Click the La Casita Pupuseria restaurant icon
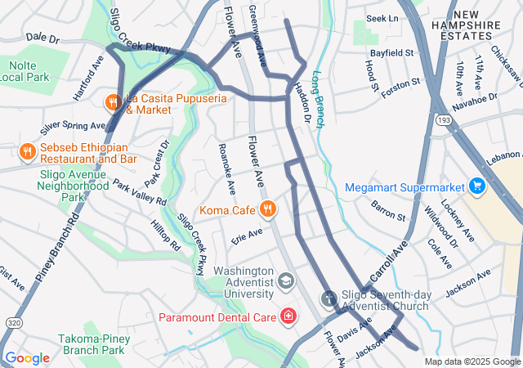click(113, 102)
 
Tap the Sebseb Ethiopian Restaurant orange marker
click(28, 150)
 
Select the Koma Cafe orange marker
click(266, 210)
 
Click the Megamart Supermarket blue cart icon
click(476, 186)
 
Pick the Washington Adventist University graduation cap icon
click(285, 282)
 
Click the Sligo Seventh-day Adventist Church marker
click(329, 299)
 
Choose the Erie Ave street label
click(247, 235)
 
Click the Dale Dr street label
click(42, 38)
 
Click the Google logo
click(27, 358)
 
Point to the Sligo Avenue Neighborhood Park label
click(73, 185)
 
